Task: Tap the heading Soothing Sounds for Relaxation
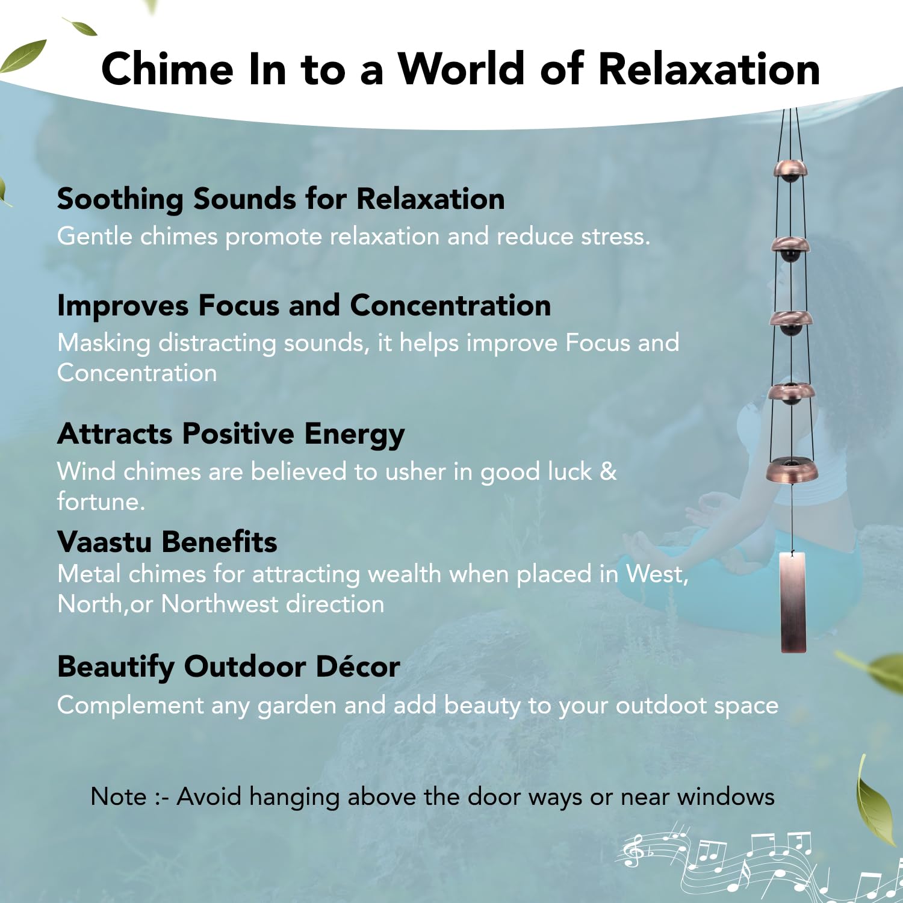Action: click(x=281, y=199)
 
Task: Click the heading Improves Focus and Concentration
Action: click(x=304, y=305)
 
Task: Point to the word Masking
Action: click(x=104, y=343)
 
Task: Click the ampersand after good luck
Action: click(x=609, y=471)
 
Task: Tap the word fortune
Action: click(x=101, y=501)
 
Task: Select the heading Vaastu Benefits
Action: click(x=167, y=542)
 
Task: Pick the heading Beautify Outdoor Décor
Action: click(x=229, y=667)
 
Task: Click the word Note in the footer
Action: click(x=119, y=796)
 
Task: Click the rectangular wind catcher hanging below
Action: click(x=793, y=602)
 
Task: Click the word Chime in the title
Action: click(x=167, y=69)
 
